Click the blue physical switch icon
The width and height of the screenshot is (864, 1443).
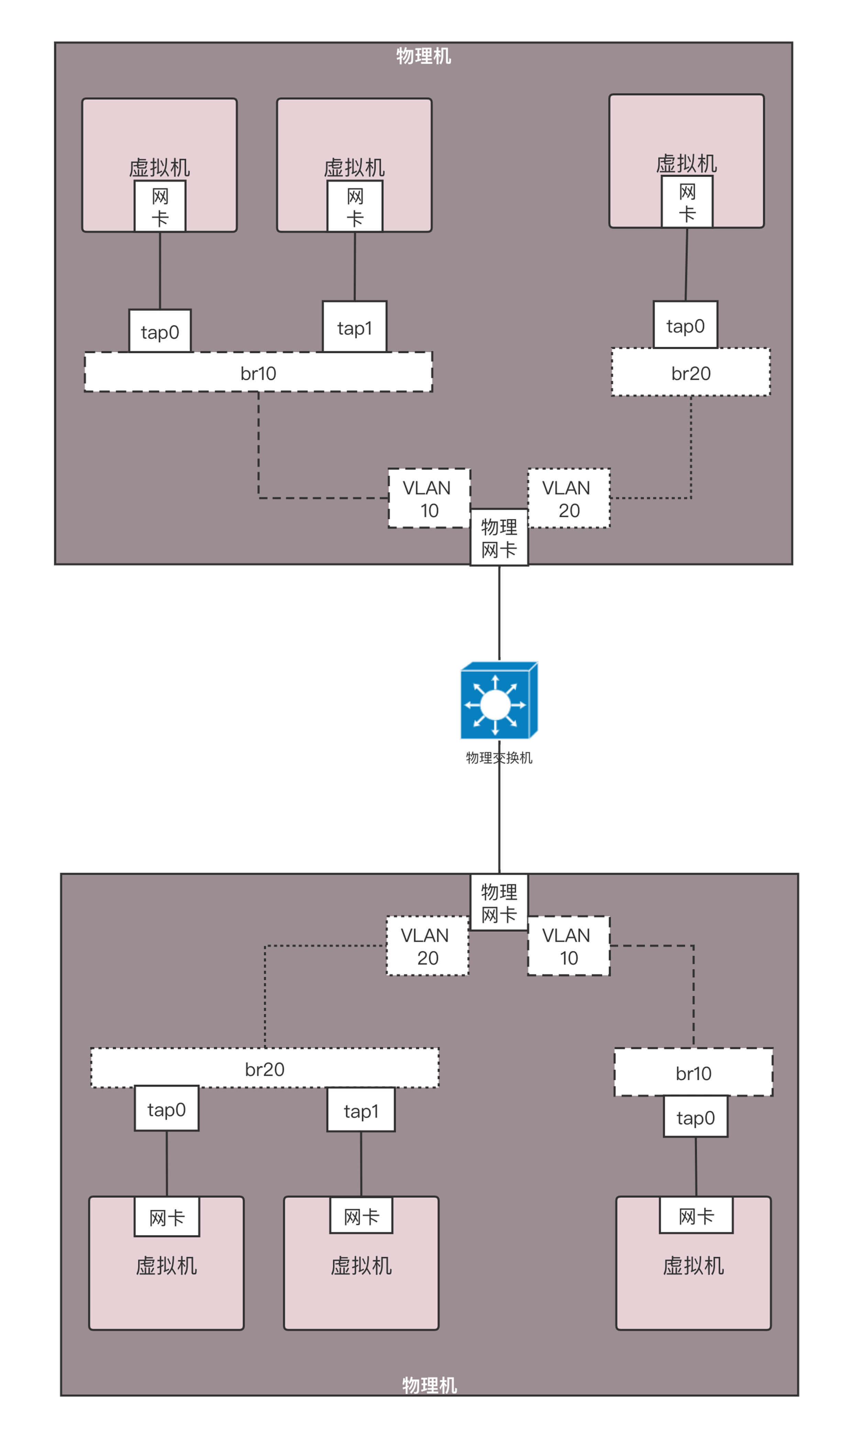click(498, 700)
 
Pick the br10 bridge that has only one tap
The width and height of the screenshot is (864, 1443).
click(694, 1073)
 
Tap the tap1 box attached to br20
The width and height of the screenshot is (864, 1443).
click(361, 1111)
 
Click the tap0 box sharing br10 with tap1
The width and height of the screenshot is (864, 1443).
click(160, 331)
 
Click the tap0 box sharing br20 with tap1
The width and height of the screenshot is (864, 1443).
click(167, 1109)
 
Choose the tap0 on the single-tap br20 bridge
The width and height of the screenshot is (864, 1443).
click(685, 325)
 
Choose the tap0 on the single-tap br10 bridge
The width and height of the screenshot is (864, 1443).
click(696, 1117)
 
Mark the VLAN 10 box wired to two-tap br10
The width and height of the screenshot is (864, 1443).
click(429, 498)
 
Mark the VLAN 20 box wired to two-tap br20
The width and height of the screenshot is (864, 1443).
click(427, 946)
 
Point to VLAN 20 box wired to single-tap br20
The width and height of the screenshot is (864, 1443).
click(569, 498)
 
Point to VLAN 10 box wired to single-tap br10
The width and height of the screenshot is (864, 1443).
click(569, 946)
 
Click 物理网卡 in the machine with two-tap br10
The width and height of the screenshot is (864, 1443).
click(499, 538)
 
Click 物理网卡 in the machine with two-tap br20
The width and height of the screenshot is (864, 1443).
click(499, 903)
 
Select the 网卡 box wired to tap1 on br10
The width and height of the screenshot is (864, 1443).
click(355, 207)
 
